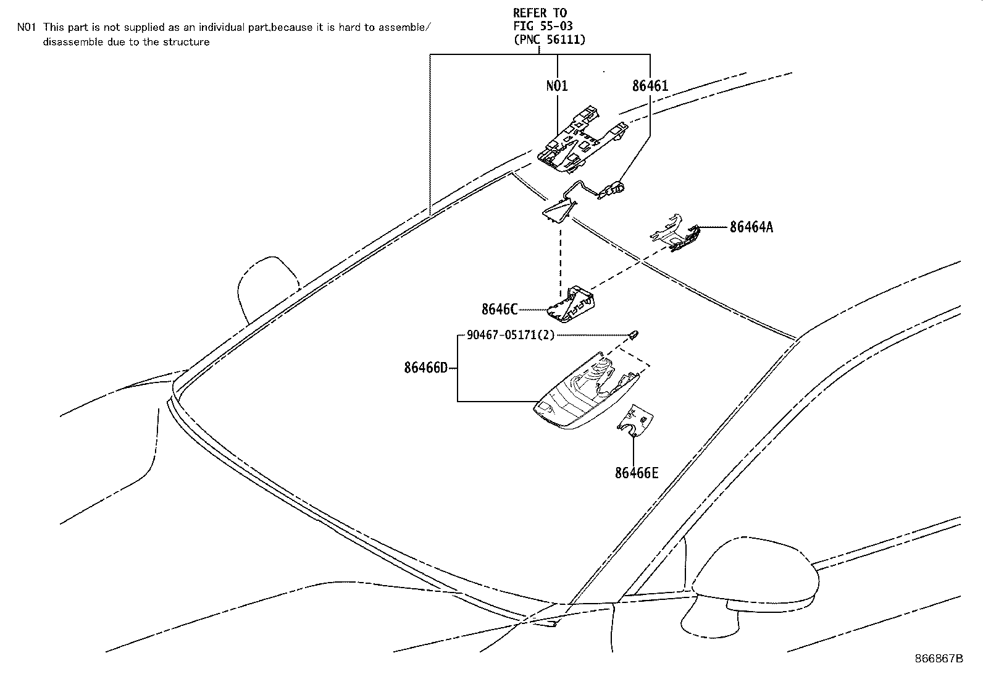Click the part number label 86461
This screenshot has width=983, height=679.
tap(650, 86)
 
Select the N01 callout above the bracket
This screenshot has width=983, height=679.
tap(557, 86)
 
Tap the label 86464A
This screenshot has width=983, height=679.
tap(751, 227)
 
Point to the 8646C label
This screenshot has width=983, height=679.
tap(499, 309)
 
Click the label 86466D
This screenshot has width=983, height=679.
tap(425, 368)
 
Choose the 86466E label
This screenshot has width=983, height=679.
tap(636, 473)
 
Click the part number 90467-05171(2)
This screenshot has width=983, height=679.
tap(511, 335)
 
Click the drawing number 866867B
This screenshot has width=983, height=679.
tap(939, 659)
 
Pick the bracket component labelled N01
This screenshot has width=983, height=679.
tap(574, 142)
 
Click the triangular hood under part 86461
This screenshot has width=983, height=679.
tap(559, 210)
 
